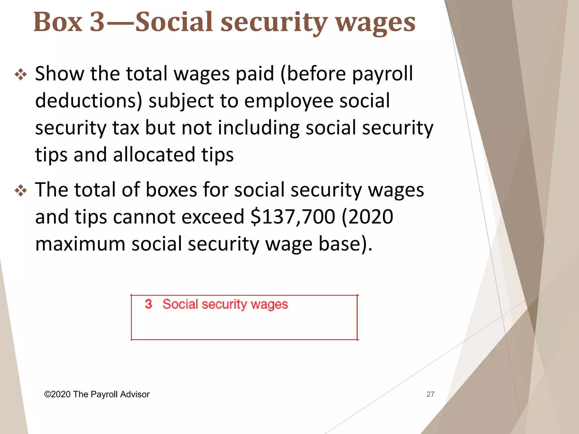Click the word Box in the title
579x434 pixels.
click(58, 22)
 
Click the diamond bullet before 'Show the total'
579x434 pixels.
click(21, 75)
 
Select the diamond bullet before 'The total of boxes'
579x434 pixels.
click(21, 191)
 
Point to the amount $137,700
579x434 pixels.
click(293, 217)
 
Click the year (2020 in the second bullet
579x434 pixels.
click(367, 217)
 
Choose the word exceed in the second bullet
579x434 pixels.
click(213, 217)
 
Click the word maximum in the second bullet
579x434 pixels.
click(80, 244)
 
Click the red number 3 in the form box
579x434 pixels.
click(148, 304)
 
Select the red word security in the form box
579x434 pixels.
click(224, 305)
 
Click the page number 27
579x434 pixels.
click(430, 394)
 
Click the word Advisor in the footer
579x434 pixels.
click(135, 394)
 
